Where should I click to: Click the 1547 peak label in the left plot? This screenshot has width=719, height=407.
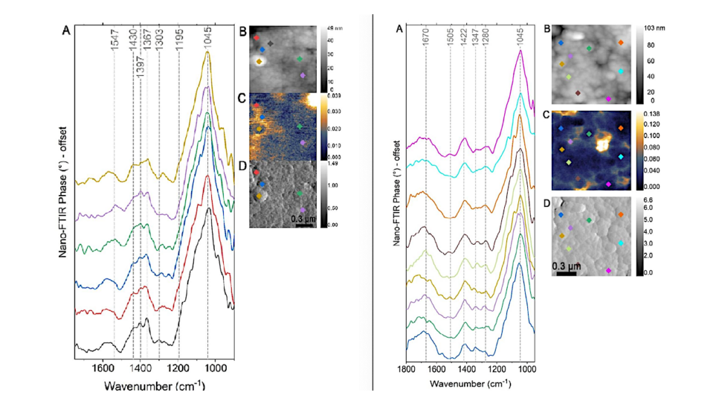click(x=114, y=44)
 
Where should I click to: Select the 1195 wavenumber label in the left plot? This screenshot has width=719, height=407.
click(x=179, y=44)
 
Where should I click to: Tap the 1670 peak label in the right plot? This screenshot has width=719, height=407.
click(x=426, y=44)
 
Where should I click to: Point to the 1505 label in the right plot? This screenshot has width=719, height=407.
click(x=450, y=44)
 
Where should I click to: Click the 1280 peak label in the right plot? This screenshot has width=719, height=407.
click(x=485, y=44)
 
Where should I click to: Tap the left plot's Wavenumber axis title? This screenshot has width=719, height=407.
click(x=154, y=386)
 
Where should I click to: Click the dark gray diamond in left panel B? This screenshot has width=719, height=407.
click(x=270, y=44)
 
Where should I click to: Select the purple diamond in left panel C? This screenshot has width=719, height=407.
click(x=303, y=142)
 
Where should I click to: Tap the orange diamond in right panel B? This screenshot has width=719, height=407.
click(x=621, y=43)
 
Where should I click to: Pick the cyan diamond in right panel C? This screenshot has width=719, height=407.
click(x=621, y=156)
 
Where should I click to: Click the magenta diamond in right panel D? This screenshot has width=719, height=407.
click(x=608, y=270)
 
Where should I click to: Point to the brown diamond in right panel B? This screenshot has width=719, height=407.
click(x=578, y=93)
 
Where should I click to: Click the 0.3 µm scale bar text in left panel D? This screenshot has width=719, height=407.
click(x=302, y=218)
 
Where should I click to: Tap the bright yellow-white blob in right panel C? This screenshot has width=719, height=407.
click(x=602, y=145)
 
